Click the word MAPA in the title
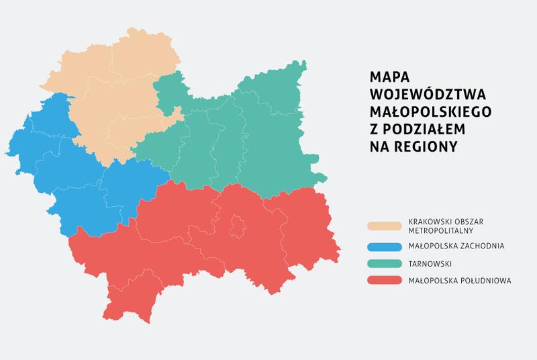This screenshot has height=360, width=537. coord(389,77)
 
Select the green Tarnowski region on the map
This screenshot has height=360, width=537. coord(255,141)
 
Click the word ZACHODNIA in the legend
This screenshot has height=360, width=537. coord(480,246)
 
